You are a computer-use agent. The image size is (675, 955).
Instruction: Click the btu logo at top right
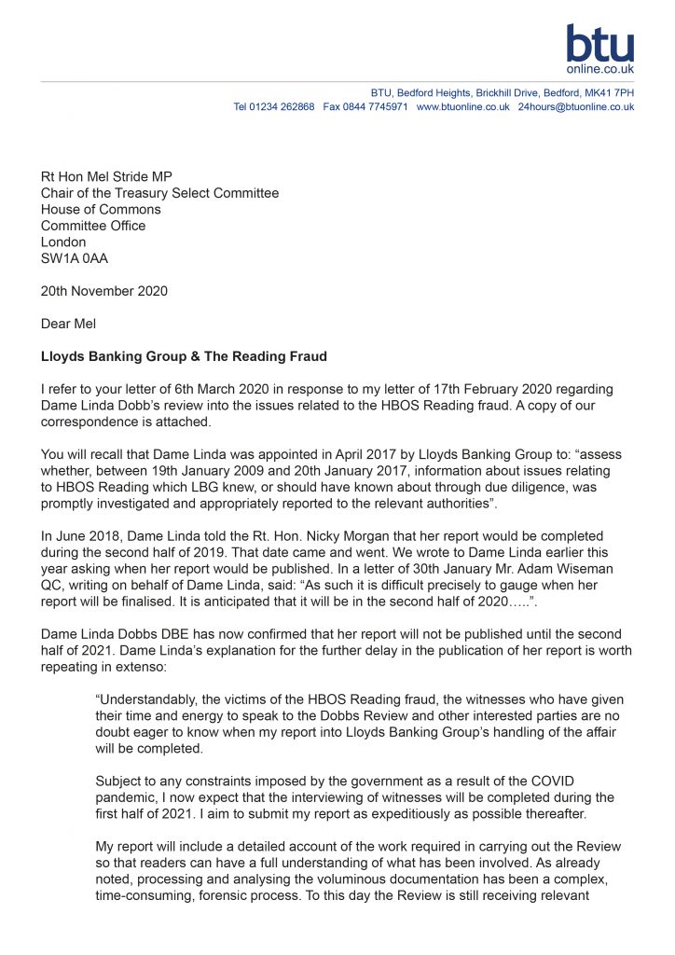click(599, 48)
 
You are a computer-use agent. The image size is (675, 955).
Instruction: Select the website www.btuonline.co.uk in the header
click(462, 107)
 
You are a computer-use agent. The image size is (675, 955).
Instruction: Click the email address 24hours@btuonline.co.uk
click(575, 107)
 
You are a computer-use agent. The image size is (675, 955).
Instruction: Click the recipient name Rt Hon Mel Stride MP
click(106, 177)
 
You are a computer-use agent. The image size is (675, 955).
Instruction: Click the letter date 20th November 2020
click(104, 291)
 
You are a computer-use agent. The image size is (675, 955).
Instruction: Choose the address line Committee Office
click(93, 226)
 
